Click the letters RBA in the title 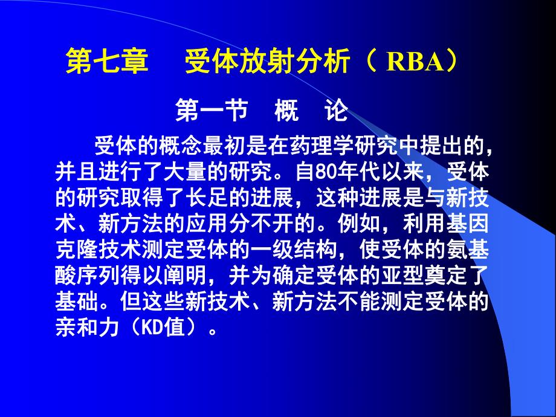(x=411, y=63)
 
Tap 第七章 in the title (x=106, y=63)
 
